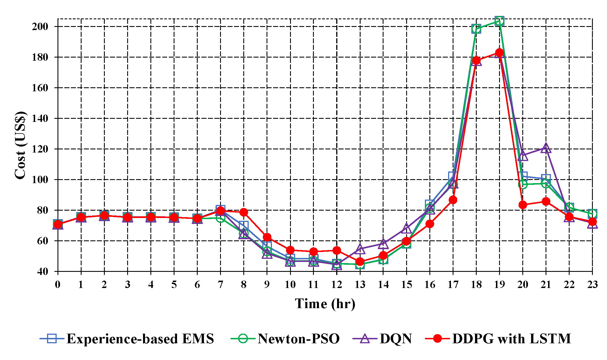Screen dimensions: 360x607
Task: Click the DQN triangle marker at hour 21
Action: click(546, 148)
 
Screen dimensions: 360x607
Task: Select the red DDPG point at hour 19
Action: click(499, 53)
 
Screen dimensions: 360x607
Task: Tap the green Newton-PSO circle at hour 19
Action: click(499, 21)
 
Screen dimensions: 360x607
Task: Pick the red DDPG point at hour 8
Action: click(244, 212)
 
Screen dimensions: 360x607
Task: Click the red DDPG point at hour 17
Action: click(453, 200)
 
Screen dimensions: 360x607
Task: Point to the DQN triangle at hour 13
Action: click(360, 249)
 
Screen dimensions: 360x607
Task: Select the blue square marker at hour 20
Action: click(523, 176)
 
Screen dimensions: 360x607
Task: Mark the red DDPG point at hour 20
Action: click(523, 205)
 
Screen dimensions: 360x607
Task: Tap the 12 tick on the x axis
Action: click(337, 284)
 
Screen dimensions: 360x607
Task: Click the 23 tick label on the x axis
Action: click(592, 284)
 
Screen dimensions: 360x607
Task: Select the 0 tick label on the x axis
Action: click(58, 284)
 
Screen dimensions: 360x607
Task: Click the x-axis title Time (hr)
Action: click(325, 304)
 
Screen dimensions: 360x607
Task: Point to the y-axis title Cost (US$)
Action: click(20, 145)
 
